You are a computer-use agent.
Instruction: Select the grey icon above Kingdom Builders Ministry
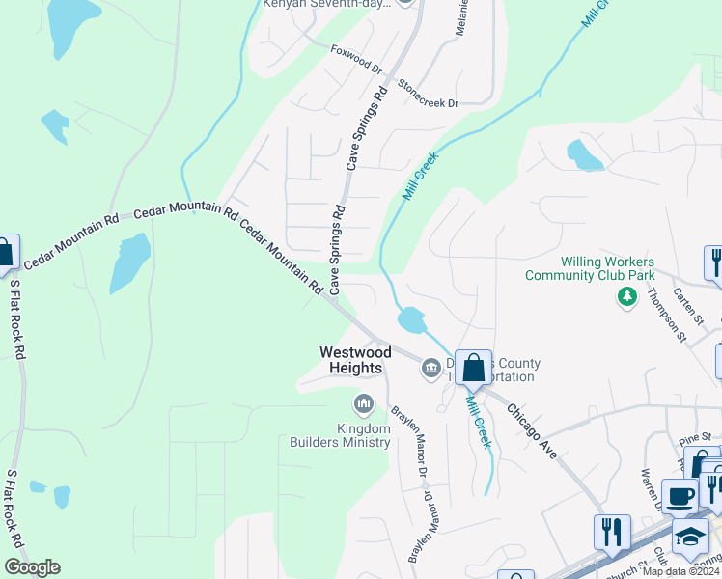click(x=364, y=402)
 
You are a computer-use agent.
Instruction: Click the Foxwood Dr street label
click(x=356, y=62)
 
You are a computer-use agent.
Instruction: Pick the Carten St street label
click(x=690, y=306)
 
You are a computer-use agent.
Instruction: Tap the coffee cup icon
click(x=680, y=496)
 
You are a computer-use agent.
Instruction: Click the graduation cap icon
click(x=691, y=537)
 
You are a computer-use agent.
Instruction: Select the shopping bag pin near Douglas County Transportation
click(x=473, y=368)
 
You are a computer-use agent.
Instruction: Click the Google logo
click(x=32, y=567)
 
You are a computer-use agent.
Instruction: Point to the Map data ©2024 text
click(x=681, y=571)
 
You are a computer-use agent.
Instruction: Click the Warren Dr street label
click(x=653, y=489)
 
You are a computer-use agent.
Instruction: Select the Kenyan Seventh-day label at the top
click(x=327, y=4)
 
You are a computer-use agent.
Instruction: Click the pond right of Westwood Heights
click(x=410, y=319)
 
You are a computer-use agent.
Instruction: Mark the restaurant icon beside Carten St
click(x=714, y=263)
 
